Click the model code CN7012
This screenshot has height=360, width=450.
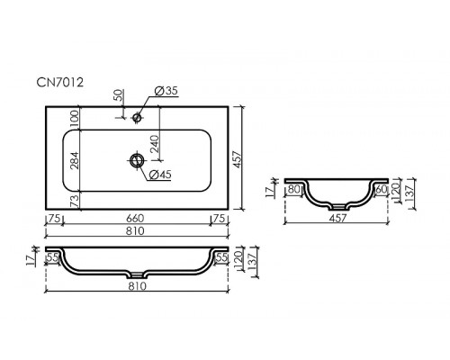pyautogui.click(x=60, y=82)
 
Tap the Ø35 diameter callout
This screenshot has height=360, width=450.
pyautogui.click(x=166, y=91)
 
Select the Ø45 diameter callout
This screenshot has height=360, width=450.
pyautogui.click(x=160, y=175)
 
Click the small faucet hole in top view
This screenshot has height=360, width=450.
pyautogui.click(x=137, y=117)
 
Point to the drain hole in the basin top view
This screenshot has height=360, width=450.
pyautogui.click(x=137, y=160)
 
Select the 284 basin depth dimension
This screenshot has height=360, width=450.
pyautogui.click(x=75, y=160)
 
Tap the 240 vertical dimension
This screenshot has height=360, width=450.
pyautogui.click(x=155, y=144)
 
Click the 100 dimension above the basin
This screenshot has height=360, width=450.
pyautogui.click(x=75, y=119)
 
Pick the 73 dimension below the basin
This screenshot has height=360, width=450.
pyautogui.click(x=75, y=200)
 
